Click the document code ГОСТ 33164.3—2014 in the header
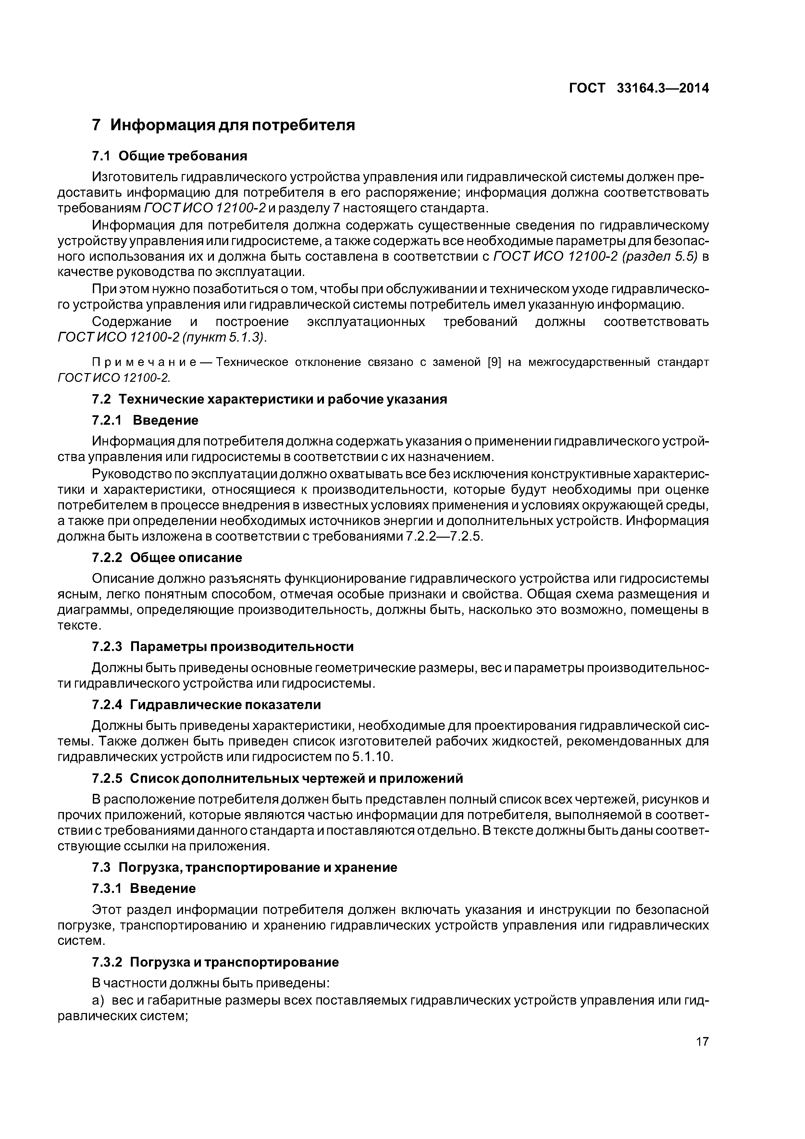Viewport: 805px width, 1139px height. coord(638,88)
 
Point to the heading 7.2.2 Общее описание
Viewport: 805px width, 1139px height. coord(167,557)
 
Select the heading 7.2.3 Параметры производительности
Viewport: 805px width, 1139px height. coord(223,646)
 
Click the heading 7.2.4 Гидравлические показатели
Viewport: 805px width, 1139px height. coord(206,705)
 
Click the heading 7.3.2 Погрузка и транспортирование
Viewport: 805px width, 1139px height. coord(215,962)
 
